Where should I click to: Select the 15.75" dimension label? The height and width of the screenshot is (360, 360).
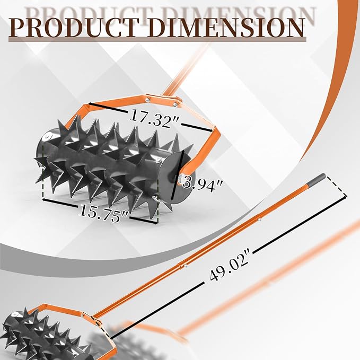click(x=103, y=213)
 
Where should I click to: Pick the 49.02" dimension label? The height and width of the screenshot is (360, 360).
click(x=230, y=266)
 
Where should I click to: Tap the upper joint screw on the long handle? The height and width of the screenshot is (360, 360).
click(x=259, y=220)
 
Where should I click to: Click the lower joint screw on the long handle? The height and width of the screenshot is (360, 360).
click(x=186, y=266)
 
